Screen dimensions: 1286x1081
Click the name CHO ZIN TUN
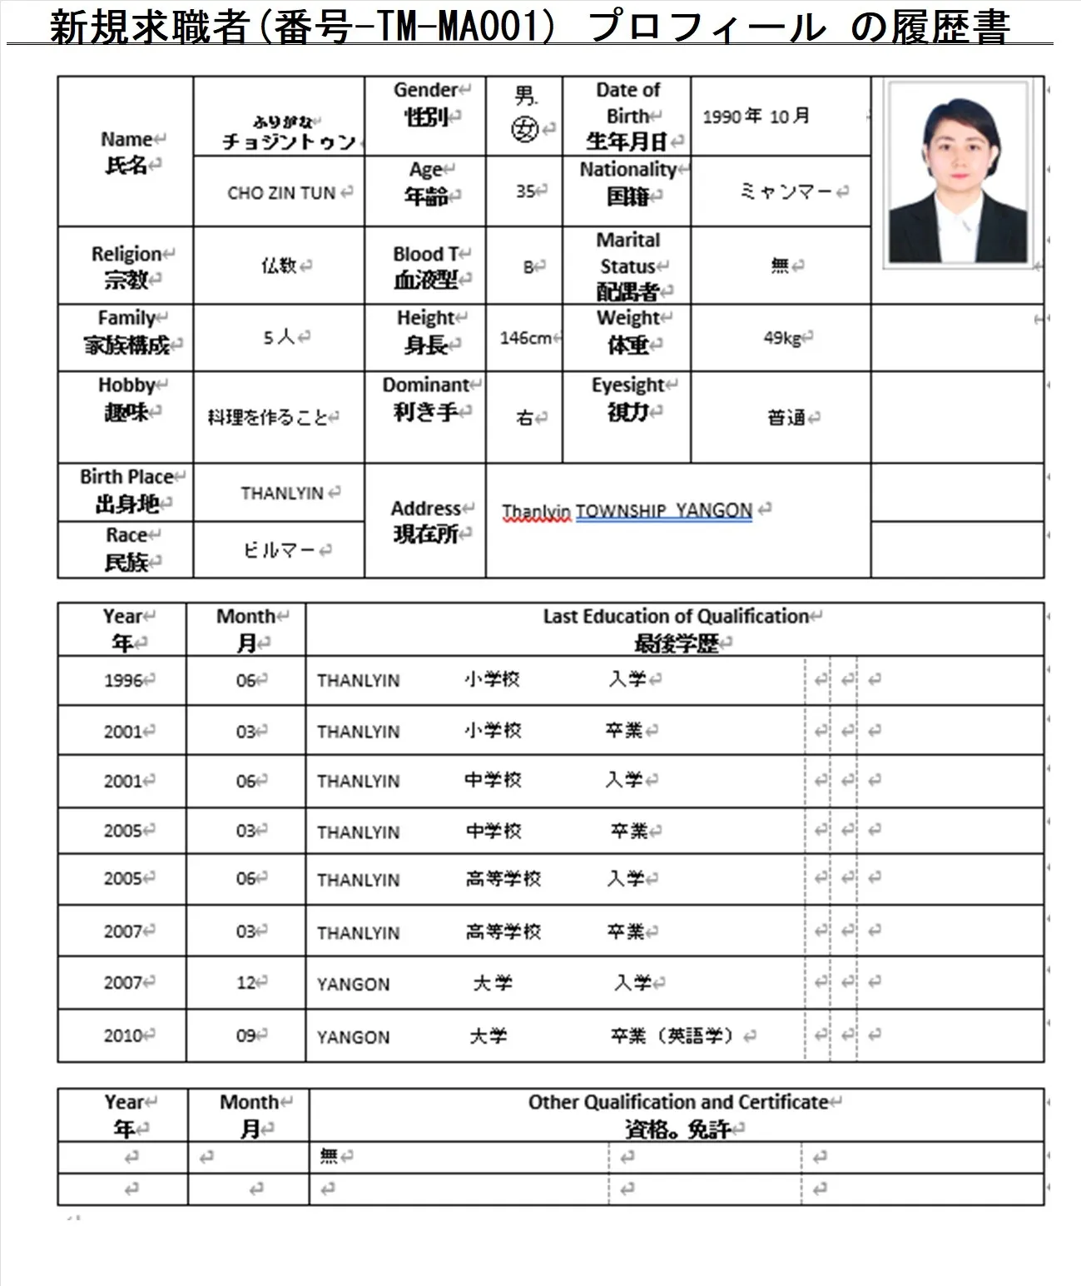[281, 193]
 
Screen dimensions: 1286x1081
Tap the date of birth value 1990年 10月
[756, 117]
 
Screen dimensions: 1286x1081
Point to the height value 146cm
[525, 338]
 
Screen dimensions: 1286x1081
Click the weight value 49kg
[782, 338]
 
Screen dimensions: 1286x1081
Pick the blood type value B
[528, 267]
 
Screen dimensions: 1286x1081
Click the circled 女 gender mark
[524, 129]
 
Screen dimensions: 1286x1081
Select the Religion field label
[126, 266]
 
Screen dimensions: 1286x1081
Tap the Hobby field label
[126, 398]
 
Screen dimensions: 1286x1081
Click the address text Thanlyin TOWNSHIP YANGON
[627, 510]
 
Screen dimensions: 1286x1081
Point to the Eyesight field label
[628, 398]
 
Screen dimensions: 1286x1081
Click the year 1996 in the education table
[123, 681]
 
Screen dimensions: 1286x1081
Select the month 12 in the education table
[246, 983]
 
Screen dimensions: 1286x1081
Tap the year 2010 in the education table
[123, 1035]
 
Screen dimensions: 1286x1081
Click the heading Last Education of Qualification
[676, 617]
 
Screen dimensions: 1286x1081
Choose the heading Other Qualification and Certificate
[678, 1103]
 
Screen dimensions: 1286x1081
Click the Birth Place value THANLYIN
[282, 494]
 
